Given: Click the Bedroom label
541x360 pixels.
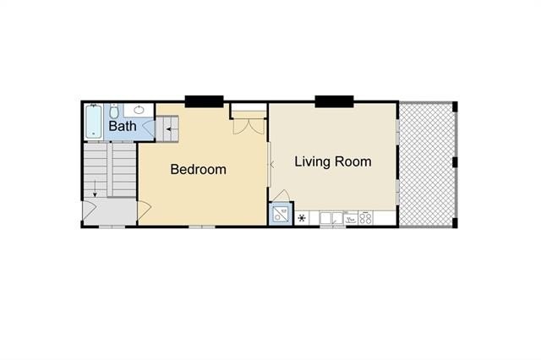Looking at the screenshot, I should [x=198, y=169].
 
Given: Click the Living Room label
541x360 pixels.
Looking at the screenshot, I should [x=332, y=161].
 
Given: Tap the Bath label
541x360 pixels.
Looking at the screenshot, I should [x=122, y=127].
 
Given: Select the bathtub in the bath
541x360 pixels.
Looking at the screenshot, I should [x=94, y=121].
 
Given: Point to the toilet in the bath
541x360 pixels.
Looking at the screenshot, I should [x=117, y=110].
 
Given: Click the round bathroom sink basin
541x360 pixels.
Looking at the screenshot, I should [x=140, y=109].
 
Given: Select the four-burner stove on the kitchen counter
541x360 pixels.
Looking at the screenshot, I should [x=366, y=218].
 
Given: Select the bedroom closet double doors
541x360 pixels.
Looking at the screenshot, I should [x=249, y=125].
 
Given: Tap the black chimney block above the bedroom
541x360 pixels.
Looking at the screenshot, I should [x=204, y=101].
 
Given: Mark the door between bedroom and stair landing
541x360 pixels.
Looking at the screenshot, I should [x=143, y=208].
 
